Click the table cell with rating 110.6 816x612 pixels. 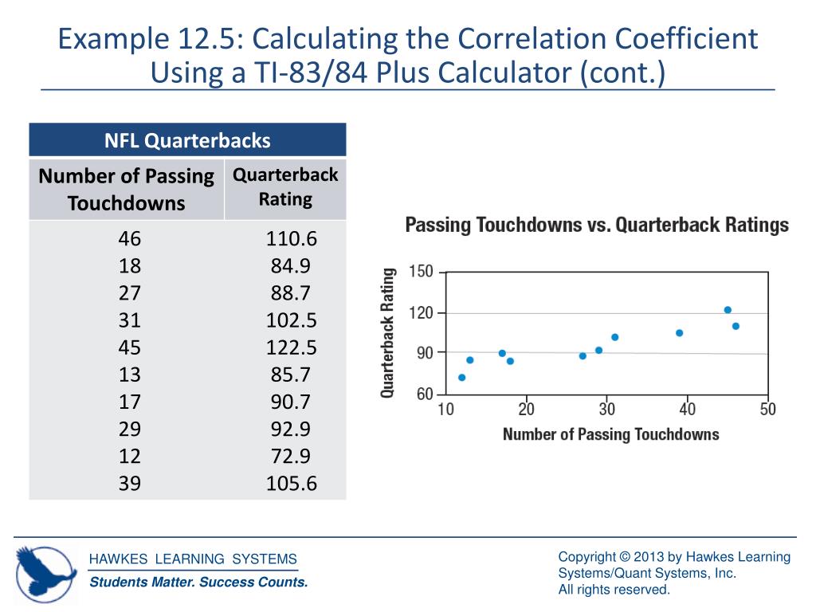pyautogui.click(x=291, y=238)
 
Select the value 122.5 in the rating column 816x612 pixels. pyautogui.click(x=291, y=347)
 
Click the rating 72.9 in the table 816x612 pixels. pyautogui.click(x=291, y=456)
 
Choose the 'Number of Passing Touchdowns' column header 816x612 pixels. pyautogui.click(x=127, y=189)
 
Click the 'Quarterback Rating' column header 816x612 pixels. pyautogui.click(x=285, y=186)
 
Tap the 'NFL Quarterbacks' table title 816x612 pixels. pyautogui.click(x=187, y=141)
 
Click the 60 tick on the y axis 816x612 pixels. pyautogui.click(x=425, y=394)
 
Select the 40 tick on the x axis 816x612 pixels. pyautogui.click(x=687, y=410)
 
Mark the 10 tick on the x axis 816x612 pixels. pyautogui.click(x=446, y=410)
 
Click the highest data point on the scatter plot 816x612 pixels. pyautogui.click(x=728, y=310)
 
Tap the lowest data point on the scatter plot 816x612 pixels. pyautogui.click(x=462, y=378)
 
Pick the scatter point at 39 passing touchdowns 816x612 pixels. pyautogui.click(x=679, y=333)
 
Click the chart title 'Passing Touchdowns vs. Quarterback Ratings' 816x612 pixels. pyautogui.click(x=597, y=225)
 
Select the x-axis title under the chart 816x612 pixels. pyautogui.click(x=610, y=434)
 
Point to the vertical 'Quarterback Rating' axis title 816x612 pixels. pyautogui.click(x=388, y=333)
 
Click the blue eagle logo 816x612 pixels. pyautogui.click(x=46, y=571)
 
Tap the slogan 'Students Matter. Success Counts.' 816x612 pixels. pyautogui.click(x=198, y=583)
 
